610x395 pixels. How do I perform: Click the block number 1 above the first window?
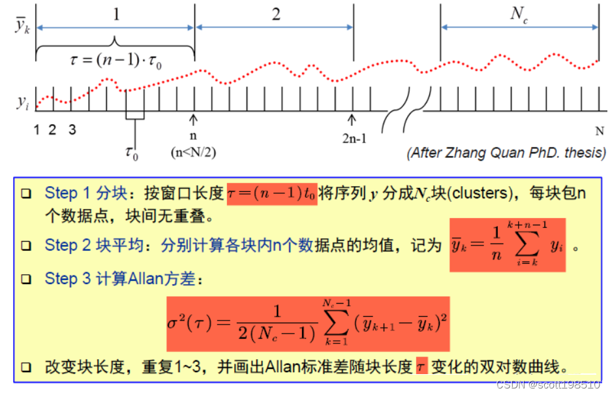click(116, 14)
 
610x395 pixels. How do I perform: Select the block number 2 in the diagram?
click(276, 14)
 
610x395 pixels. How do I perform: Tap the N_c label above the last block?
click(519, 15)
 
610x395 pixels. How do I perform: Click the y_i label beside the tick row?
click(22, 103)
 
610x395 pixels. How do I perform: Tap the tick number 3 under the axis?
click(72, 130)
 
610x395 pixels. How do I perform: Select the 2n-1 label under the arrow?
click(352, 139)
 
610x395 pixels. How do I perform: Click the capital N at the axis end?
click(599, 130)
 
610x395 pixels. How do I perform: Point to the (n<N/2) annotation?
click(193, 152)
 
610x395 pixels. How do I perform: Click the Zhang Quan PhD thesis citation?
click(506, 153)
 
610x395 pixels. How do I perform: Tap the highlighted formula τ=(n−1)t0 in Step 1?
click(272, 194)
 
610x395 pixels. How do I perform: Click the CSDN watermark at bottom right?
click(548, 385)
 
